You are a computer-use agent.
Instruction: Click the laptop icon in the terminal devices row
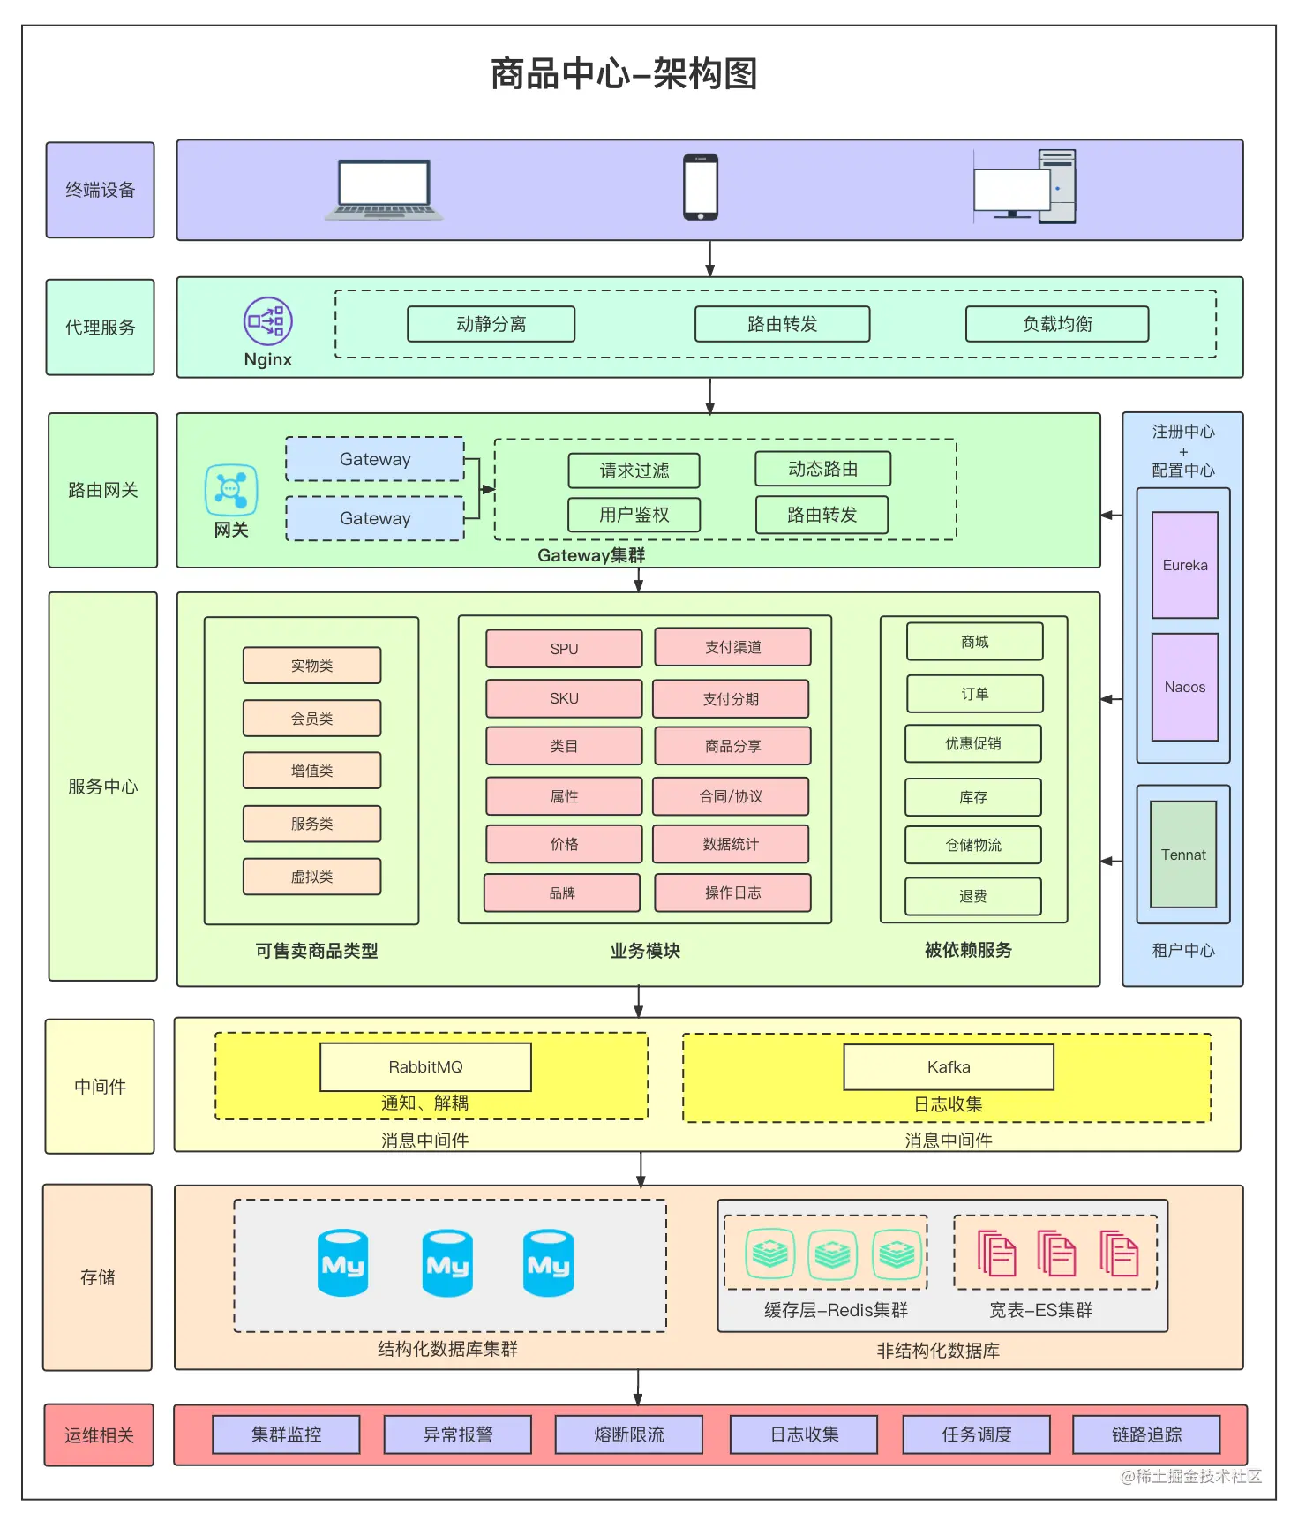[384, 190]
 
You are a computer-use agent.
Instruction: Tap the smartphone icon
[701, 187]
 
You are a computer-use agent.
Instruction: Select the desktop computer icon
[1024, 186]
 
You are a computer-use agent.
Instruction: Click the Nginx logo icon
[267, 321]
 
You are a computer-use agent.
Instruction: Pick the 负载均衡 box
[1057, 324]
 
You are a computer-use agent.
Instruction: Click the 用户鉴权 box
[634, 515]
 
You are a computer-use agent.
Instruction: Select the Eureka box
[1184, 565]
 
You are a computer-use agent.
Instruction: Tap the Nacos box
[1184, 687]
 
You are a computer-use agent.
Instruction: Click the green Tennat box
[1183, 855]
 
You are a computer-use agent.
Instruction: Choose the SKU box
[564, 698]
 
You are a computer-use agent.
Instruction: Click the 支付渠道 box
[732, 647]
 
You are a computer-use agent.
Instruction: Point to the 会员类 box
[311, 719]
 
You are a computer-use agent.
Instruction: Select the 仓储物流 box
[973, 845]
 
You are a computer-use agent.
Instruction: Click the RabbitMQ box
[425, 1067]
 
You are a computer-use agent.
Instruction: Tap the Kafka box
[949, 1067]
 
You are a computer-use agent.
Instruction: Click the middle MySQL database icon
[447, 1263]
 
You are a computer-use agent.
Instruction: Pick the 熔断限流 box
[628, 1434]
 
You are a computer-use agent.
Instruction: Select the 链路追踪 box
[1146, 1434]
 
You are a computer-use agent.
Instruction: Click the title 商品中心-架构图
[624, 73]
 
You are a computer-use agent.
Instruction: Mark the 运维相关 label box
[99, 1435]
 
